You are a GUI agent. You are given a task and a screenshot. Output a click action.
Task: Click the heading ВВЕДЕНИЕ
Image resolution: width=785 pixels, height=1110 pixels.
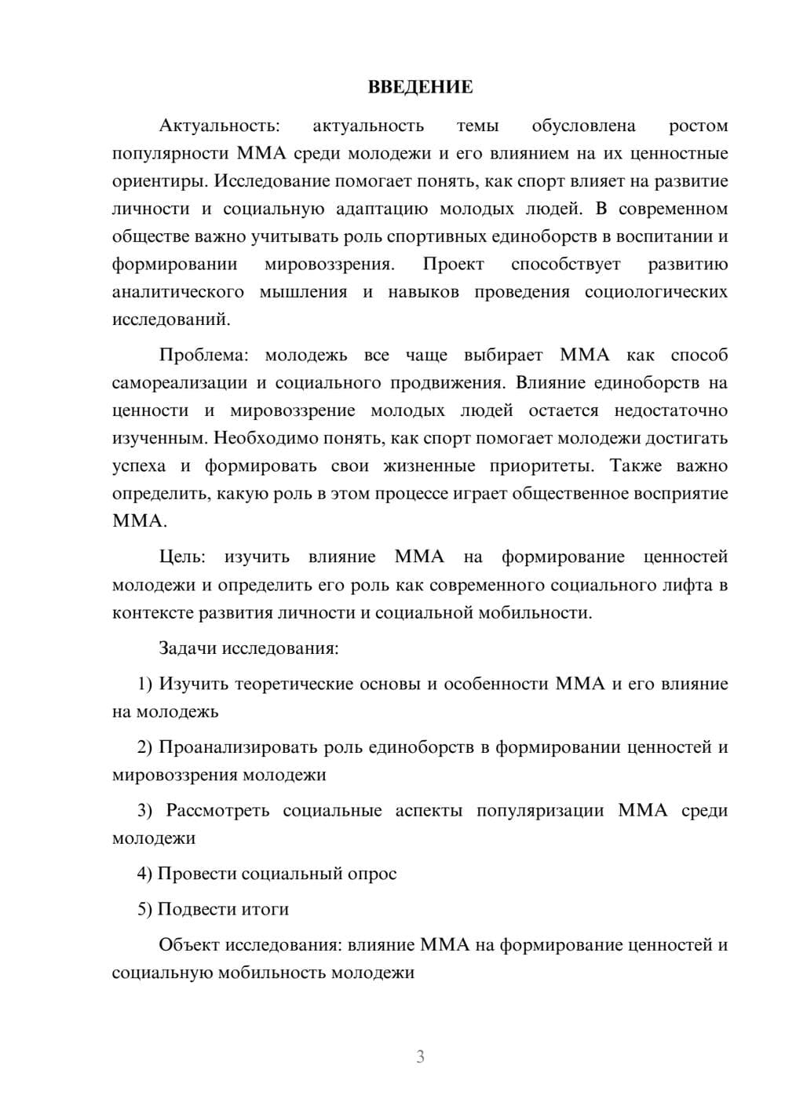420,87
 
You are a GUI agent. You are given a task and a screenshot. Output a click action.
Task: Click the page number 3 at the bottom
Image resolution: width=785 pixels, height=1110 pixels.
420,1057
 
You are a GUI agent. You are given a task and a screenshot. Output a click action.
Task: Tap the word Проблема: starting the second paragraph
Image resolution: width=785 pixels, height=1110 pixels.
203,355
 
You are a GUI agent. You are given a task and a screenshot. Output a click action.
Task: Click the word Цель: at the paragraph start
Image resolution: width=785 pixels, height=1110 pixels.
182,557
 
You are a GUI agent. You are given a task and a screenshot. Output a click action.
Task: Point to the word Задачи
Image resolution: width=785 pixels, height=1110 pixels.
188,648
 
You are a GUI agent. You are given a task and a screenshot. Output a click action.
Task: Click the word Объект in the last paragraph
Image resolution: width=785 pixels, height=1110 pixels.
189,944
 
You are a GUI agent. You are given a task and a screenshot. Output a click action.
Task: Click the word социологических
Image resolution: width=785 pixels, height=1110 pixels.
655,292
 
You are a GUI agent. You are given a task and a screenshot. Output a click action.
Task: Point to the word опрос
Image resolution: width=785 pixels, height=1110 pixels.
372,874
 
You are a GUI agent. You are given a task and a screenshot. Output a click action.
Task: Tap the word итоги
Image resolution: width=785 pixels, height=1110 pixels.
265,909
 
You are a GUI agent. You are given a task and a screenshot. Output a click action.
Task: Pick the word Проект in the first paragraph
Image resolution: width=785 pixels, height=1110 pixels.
453,264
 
